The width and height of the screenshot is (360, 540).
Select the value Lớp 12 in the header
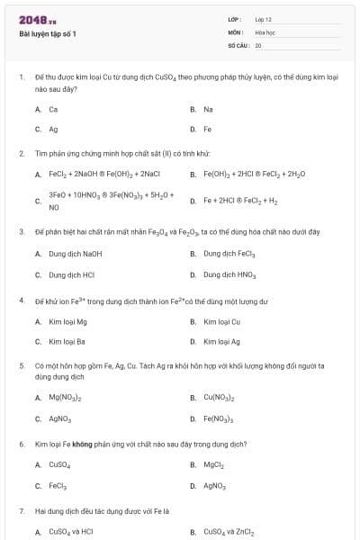[x=263, y=19]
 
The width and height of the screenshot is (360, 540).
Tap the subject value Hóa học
[x=265, y=31]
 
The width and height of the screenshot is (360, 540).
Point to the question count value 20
[x=258, y=44]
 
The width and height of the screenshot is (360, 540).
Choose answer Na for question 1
[x=208, y=109]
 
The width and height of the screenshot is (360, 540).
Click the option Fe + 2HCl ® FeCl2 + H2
[x=239, y=200]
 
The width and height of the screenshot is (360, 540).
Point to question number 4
[x=21, y=300]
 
